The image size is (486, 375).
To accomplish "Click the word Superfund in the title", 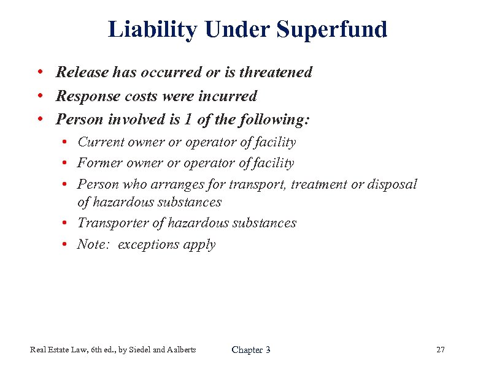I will [332, 29].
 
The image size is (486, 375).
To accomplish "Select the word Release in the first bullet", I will [83, 72].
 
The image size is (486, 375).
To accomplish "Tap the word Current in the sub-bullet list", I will [101, 142].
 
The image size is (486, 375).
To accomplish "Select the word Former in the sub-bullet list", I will [100, 163].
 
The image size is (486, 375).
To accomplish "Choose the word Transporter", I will [110, 223].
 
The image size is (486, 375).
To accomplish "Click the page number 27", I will [440, 350].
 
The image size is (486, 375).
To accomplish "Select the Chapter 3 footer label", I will [251, 350].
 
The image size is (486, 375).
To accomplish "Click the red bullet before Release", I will [40, 72].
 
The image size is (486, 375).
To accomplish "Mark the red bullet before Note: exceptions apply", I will [64, 244].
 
